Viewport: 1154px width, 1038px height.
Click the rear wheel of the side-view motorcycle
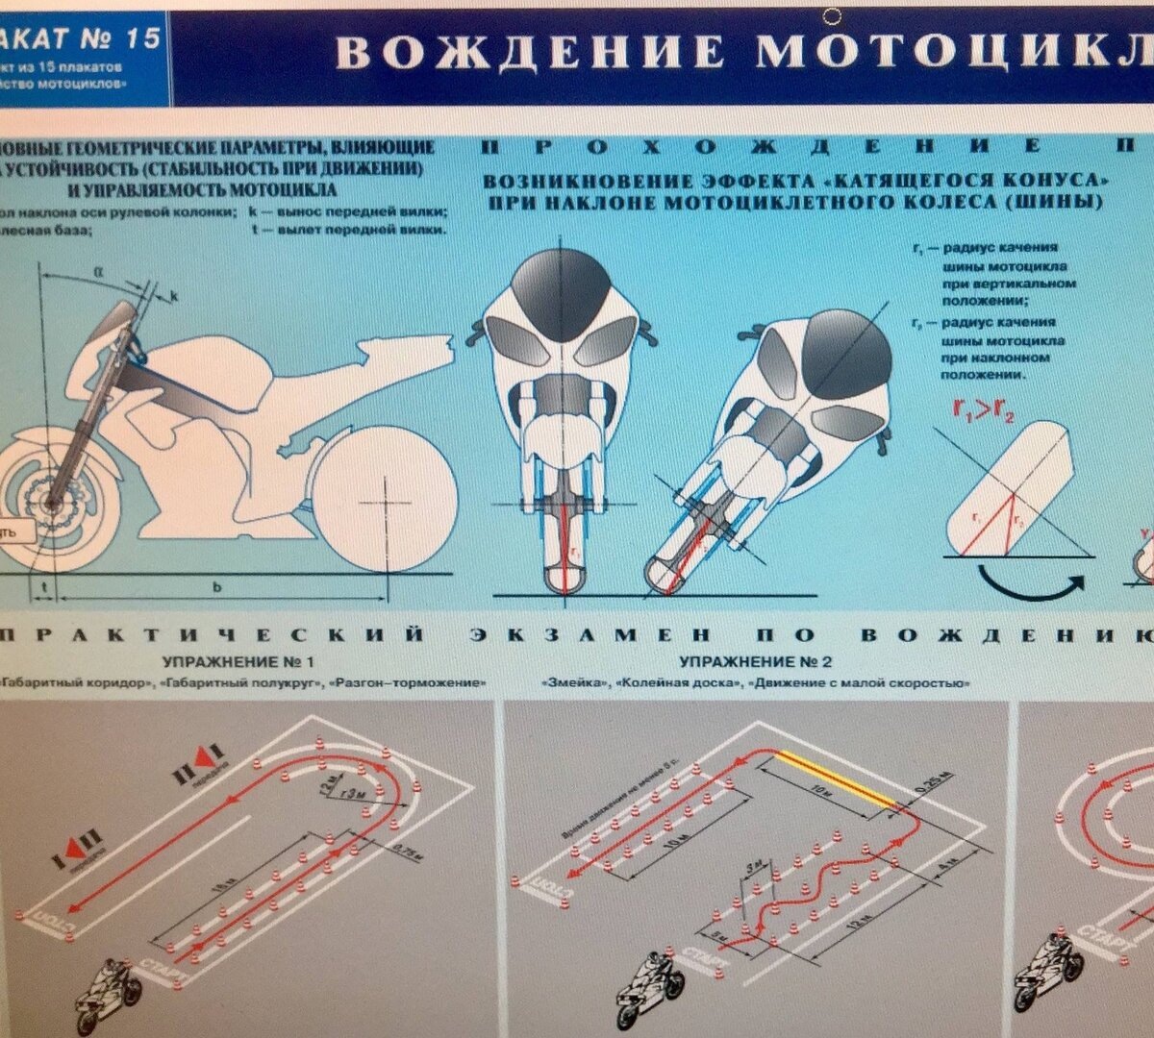[x=386, y=501]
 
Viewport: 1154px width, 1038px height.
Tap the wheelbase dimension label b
[x=218, y=587]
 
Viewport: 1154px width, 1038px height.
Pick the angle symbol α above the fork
[x=98, y=272]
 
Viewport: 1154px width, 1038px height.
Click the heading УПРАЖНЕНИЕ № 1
[x=238, y=662]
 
